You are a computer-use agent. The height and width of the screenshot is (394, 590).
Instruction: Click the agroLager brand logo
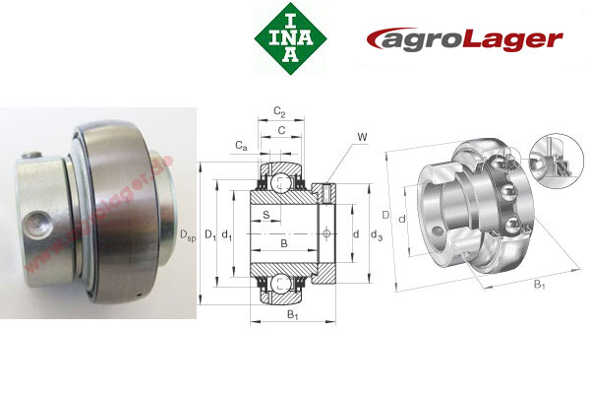464,39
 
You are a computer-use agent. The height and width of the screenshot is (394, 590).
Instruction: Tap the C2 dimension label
279,111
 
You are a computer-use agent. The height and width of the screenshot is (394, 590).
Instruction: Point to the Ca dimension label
241,147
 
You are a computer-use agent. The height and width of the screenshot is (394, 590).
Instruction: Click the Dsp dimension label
188,233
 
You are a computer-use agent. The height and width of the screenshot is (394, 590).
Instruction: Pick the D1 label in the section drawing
209,233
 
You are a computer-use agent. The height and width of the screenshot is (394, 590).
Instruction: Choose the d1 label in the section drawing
227,233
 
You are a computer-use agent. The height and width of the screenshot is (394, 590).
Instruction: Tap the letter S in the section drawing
265,214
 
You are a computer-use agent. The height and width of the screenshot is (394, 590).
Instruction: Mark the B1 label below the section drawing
292,316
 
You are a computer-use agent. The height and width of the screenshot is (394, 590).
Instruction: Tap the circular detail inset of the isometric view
549,164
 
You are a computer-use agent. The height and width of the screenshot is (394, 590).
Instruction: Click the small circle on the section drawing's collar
326,232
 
